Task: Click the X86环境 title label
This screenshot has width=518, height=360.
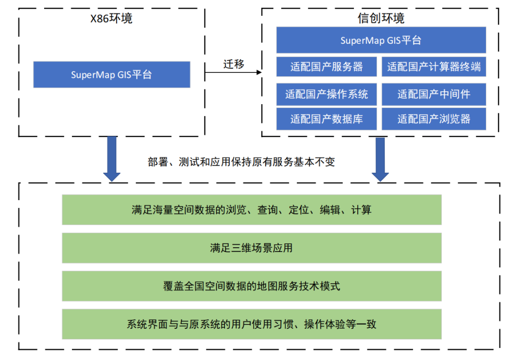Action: coord(111,19)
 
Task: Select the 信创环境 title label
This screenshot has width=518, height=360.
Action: coord(381,18)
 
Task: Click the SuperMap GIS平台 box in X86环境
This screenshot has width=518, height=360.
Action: coord(111,74)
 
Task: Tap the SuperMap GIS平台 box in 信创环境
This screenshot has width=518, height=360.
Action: coord(381,40)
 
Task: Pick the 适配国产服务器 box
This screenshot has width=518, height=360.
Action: coord(327,67)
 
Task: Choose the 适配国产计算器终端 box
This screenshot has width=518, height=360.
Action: coord(434,67)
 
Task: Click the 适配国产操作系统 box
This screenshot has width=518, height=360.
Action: coord(327,94)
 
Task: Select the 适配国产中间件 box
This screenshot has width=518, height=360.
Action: coord(434,94)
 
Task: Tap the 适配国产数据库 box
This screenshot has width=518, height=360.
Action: coord(327,119)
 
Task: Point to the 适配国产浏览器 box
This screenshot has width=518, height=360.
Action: coord(434,119)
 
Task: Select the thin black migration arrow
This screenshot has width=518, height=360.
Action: coord(234,72)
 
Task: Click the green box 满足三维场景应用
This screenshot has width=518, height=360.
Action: coord(251,248)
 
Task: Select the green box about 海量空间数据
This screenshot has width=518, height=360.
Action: coord(251,210)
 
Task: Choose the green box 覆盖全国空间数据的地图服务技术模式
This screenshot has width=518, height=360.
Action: coord(251,287)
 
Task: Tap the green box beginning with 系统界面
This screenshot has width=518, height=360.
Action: coord(251,324)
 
